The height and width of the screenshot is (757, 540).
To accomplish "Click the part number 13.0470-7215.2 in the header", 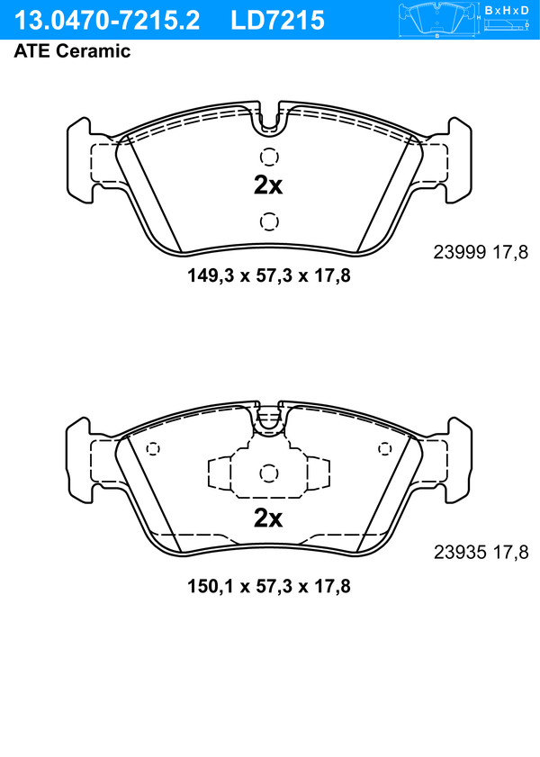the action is tap(107, 21).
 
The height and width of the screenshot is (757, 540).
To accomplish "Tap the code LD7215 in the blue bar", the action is tap(277, 21).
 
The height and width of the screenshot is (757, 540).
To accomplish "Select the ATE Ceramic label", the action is tap(72, 51).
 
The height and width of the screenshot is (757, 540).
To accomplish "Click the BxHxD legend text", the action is tap(507, 10).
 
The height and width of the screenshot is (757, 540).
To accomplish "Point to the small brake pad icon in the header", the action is tap(436, 19).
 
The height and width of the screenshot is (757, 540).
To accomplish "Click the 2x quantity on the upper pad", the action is tap(268, 185).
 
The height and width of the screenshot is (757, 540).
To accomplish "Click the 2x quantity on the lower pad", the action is tap(268, 518).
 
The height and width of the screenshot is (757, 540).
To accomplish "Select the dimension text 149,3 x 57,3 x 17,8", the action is tap(269, 276).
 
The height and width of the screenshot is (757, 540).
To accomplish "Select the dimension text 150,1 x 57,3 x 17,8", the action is tap(269, 587).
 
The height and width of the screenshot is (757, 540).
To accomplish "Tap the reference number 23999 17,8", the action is tap(481, 252).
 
